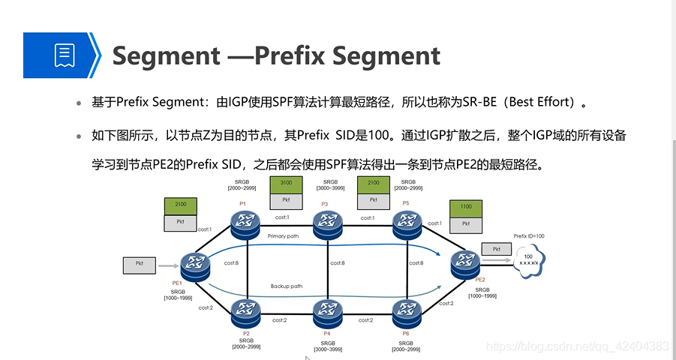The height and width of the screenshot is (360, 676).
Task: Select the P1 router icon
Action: [x=244, y=221]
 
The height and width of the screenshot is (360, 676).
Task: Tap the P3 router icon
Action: [x=327, y=221]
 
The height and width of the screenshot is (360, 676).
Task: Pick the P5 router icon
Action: [x=407, y=221]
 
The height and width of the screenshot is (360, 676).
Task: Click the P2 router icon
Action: [x=245, y=310]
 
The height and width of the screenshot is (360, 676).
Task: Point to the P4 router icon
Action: [x=327, y=310]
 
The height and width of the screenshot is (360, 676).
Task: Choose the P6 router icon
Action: [x=407, y=310]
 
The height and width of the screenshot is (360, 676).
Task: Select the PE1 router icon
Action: [x=196, y=263]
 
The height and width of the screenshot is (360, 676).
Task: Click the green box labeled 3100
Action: [x=286, y=184]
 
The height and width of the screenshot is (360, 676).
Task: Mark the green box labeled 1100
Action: [x=466, y=207]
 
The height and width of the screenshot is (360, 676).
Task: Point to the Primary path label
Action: [x=284, y=236]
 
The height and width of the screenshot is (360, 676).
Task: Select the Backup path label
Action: [x=287, y=286]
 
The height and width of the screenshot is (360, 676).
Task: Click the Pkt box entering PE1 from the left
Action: [x=140, y=264]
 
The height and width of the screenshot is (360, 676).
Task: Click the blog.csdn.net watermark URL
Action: [x=577, y=346]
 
